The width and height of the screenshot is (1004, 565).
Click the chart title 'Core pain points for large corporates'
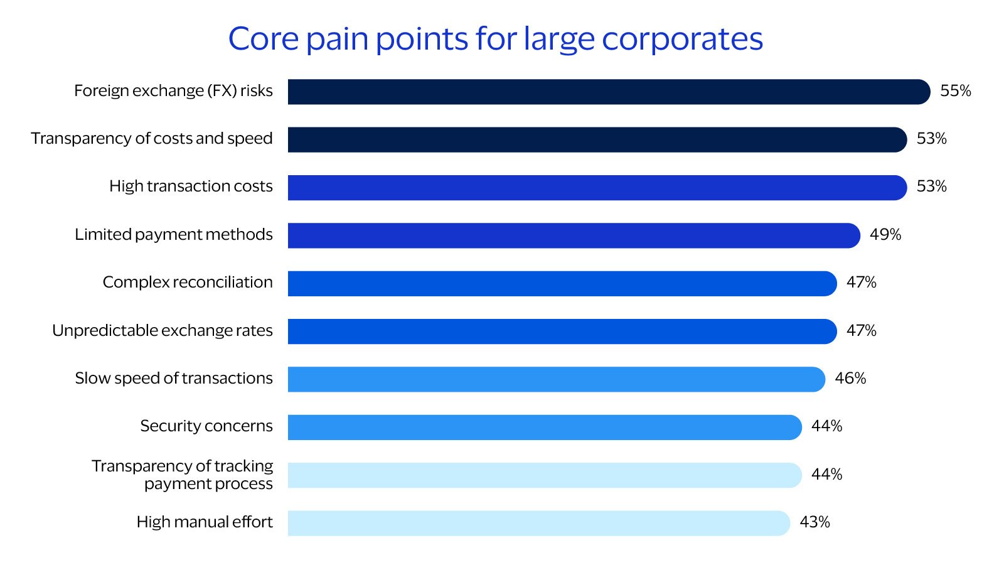[495, 39]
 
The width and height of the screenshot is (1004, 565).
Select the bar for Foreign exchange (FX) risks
[609, 92]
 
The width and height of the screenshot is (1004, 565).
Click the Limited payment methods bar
[574, 235]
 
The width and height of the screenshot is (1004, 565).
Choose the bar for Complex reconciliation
[562, 284]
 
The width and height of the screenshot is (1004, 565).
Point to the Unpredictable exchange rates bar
[562, 331]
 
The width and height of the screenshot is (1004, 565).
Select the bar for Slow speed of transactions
[556, 379]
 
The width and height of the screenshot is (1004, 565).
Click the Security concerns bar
[545, 428]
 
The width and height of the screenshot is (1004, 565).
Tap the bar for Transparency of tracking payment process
[545, 475]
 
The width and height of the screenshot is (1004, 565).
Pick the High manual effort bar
[538, 523]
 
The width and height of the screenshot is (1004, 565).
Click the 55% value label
[955, 91]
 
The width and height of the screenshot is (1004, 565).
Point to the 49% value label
[885, 235]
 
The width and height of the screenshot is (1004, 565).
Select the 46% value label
[850, 379]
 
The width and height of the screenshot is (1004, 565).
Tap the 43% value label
[814, 522]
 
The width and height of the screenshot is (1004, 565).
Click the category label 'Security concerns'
[206, 426]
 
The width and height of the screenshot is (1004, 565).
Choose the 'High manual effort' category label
[205, 522]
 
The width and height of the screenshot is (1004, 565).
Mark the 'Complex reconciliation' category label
[188, 282]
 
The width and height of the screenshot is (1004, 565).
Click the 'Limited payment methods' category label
[174, 235]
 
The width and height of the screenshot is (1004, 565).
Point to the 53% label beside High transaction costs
[931, 186]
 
